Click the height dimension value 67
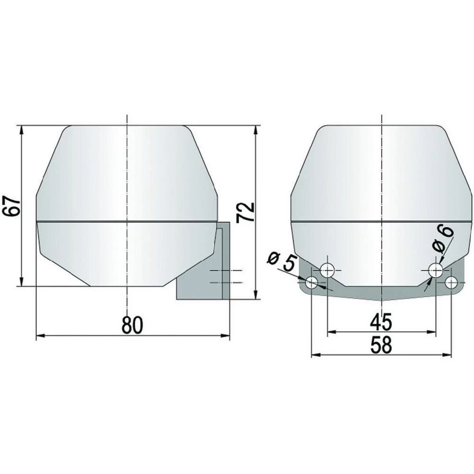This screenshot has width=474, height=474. (x=12, y=206)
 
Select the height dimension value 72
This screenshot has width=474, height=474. (x=246, y=212)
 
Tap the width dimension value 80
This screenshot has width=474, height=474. (x=132, y=325)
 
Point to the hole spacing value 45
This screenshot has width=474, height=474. (x=381, y=322)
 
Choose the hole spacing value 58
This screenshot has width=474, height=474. (x=381, y=346)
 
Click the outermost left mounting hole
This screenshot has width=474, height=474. (x=311, y=283)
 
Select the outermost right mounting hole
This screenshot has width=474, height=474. (x=451, y=283)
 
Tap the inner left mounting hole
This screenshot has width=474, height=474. (x=328, y=271)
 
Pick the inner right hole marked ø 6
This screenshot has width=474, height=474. (x=436, y=271)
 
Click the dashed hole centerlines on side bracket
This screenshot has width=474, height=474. (x=225, y=276)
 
